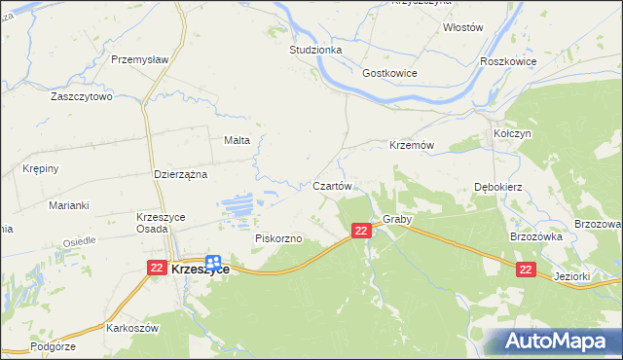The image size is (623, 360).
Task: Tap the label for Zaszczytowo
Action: click(x=82, y=97)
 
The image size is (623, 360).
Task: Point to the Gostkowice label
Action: click(x=389, y=74)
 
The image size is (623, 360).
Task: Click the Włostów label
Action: click(x=462, y=28)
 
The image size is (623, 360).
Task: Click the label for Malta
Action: click(x=238, y=140)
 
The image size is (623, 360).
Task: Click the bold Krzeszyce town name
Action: click(x=201, y=270)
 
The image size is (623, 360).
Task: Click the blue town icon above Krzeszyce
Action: click(x=212, y=250)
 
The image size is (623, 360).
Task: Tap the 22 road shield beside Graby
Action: click(x=361, y=231)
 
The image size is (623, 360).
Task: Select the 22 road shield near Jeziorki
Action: click(x=526, y=269)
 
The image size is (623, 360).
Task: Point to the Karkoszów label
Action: click(x=132, y=328)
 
